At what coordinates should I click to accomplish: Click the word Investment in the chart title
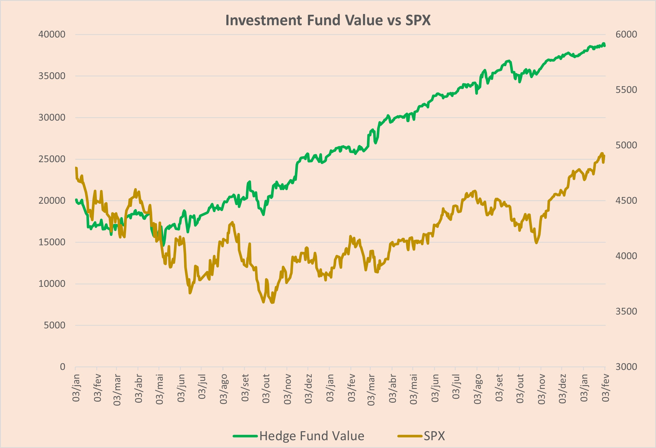coord(264,20)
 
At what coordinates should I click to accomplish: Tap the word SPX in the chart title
coord(418,20)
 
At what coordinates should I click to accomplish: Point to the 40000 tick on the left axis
coord(52,34)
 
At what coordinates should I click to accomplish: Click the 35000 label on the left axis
coord(52,76)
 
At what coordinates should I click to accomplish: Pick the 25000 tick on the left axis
coord(52,159)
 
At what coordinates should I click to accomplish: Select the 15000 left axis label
coord(52,242)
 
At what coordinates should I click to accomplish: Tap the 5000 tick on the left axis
coord(54,325)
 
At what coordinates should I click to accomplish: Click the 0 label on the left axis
coord(63,367)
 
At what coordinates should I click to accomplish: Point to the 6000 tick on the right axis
coord(626,34)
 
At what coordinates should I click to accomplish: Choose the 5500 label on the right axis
coord(626,90)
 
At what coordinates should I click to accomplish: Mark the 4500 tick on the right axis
coord(626,200)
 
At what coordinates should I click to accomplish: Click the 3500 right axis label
coord(626,311)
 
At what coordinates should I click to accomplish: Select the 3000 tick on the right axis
coord(626,367)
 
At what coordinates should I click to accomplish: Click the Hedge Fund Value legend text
coord(312,436)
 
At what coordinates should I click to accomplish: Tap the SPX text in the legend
coord(434,436)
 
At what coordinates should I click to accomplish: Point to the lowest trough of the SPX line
coord(272,303)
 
